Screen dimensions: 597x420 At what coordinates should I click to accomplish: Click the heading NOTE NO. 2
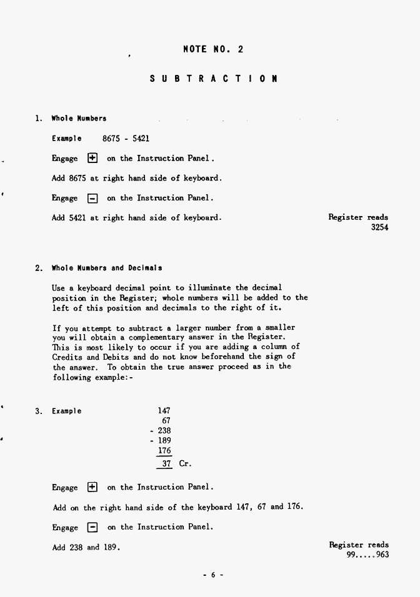tap(213, 49)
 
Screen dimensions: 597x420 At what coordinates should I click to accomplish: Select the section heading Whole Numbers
tap(79, 118)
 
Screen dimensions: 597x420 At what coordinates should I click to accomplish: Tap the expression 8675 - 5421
tap(126, 138)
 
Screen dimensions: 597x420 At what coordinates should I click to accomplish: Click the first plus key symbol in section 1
tap(92, 159)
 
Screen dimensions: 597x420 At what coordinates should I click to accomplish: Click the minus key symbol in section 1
tap(92, 199)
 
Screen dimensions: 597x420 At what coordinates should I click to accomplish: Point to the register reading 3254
tap(379, 228)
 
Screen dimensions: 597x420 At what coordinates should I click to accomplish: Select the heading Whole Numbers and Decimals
tap(107, 268)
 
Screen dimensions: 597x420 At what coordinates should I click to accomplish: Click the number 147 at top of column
tap(164, 411)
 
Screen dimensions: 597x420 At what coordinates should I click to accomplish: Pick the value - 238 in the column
tap(161, 431)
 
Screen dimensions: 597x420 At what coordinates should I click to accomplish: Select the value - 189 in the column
tap(161, 441)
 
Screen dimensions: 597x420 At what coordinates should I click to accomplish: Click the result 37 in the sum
tap(166, 464)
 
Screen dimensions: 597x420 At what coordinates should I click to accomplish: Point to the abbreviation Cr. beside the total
tap(185, 464)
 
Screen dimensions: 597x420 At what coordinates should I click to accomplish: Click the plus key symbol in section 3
tap(92, 487)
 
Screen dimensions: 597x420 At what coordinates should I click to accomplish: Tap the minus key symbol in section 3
tap(92, 527)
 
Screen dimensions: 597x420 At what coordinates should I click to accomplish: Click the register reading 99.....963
tap(367, 555)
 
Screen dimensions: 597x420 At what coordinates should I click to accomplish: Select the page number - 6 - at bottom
tap(212, 575)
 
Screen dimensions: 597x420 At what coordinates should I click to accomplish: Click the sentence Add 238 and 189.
tap(86, 548)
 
